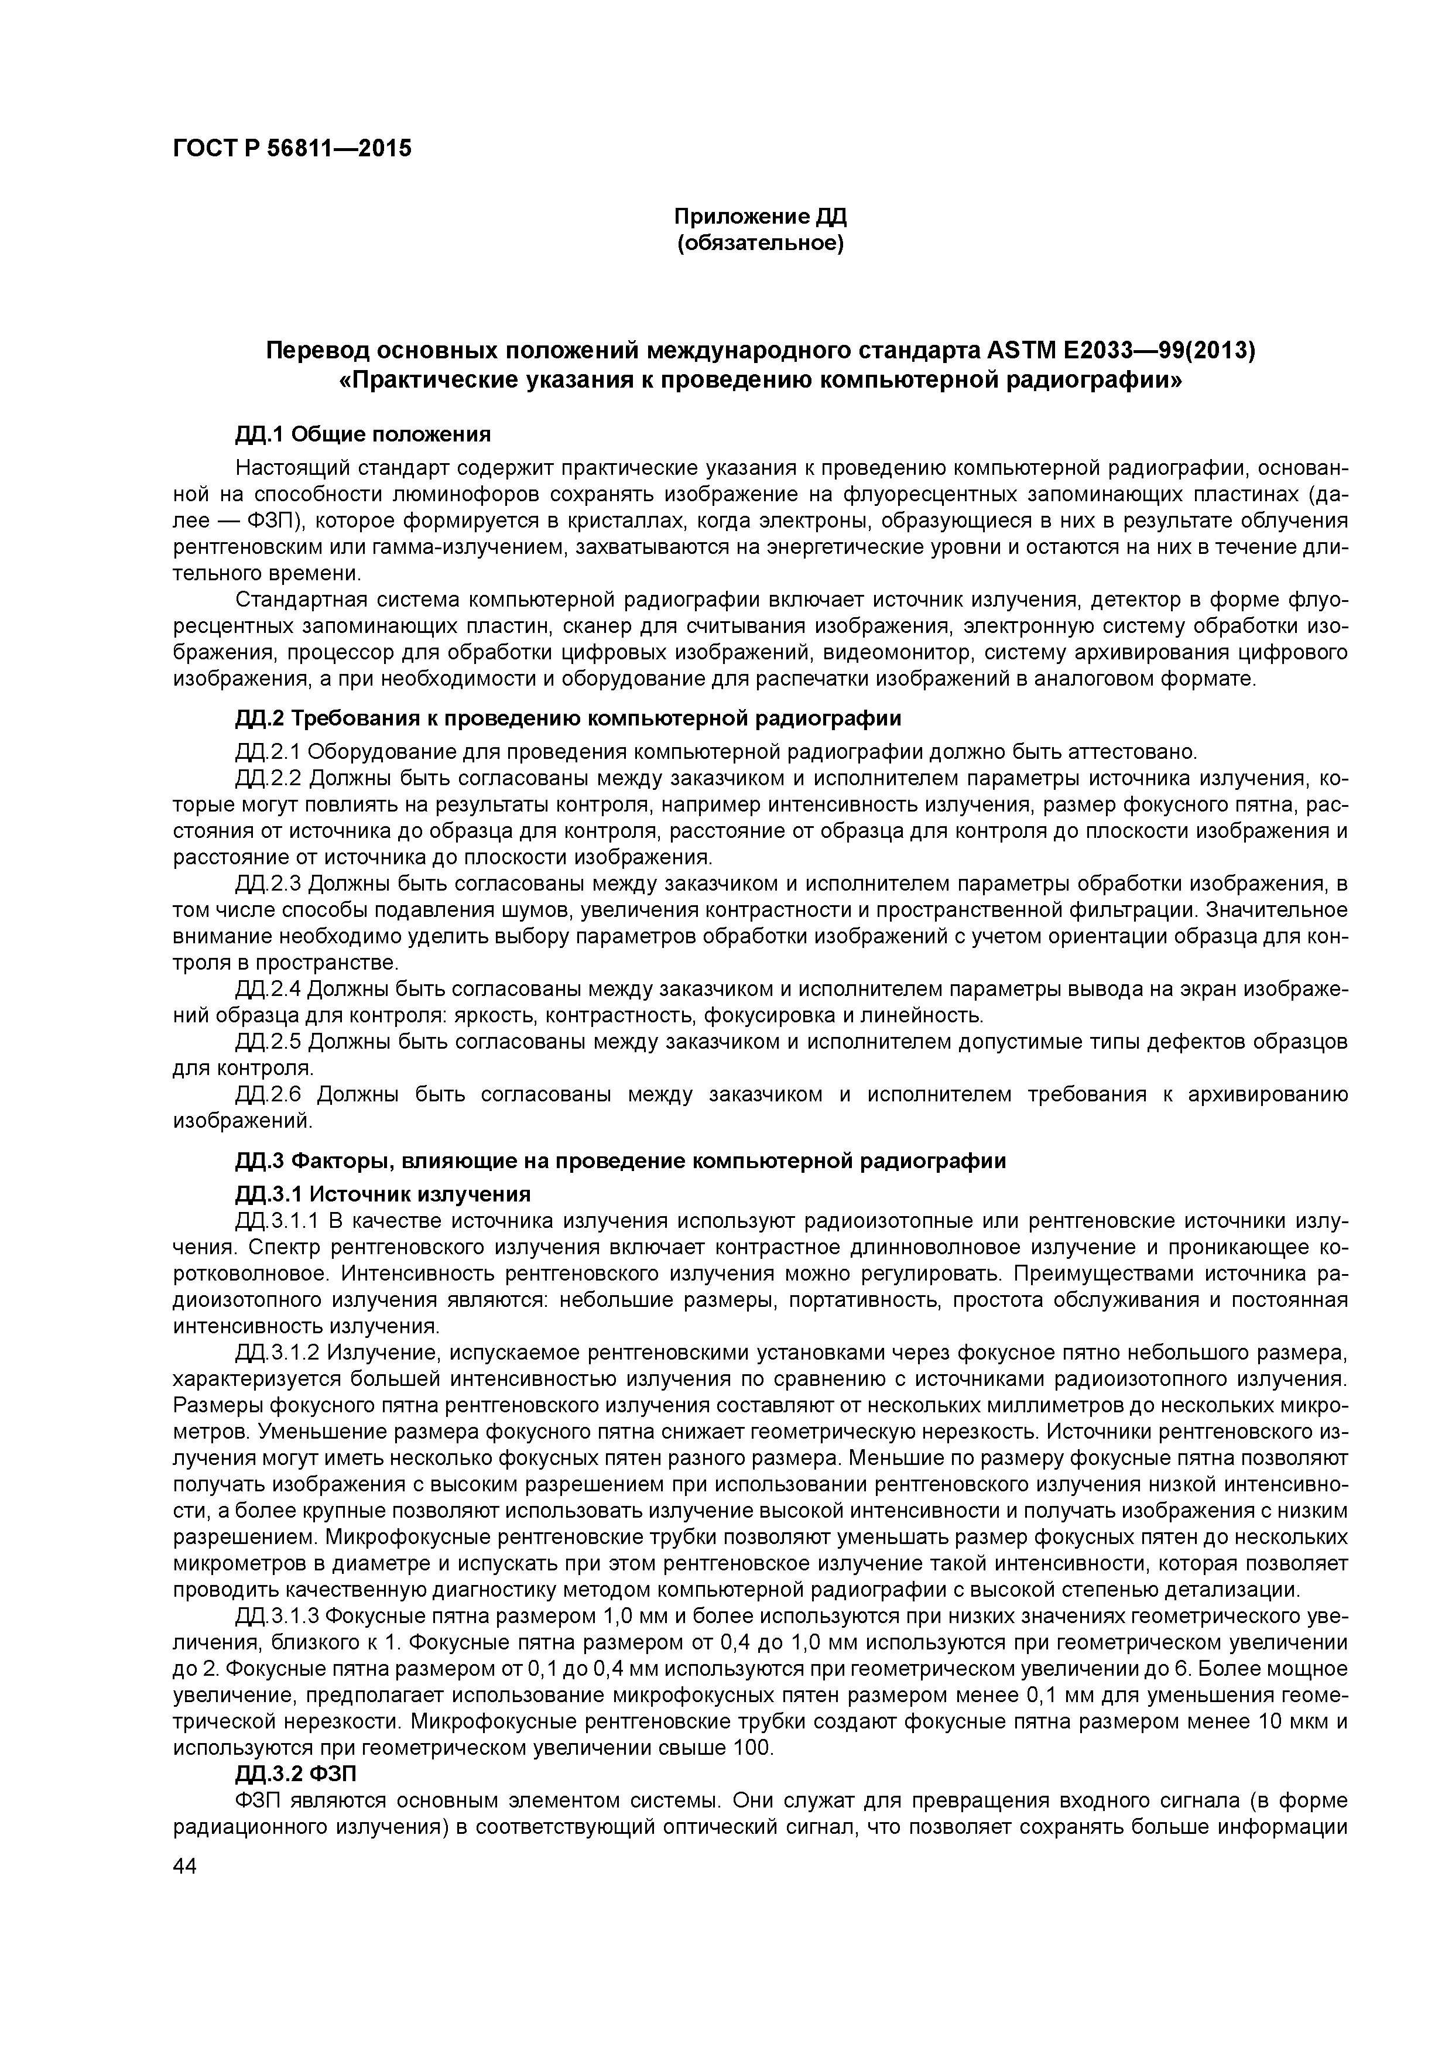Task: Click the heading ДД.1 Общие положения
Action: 363,435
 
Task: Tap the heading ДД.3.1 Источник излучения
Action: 383,1194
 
